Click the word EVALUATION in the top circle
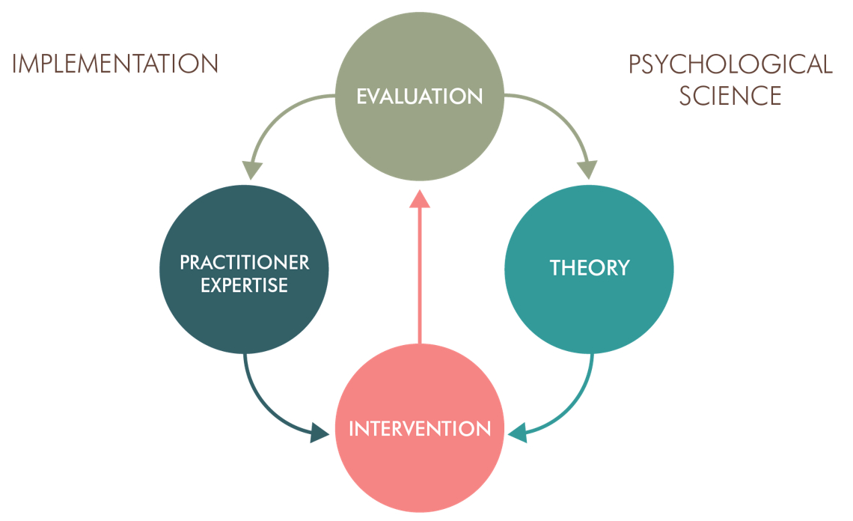tap(419, 97)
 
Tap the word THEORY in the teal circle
tap(589, 267)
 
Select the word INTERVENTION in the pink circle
tap(419, 429)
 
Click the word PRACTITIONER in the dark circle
tap(244, 263)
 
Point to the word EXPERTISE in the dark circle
tap(244, 285)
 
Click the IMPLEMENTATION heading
tap(115, 64)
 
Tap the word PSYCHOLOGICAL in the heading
tap(730, 64)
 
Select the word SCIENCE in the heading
tap(730, 96)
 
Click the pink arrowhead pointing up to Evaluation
tap(420, 198)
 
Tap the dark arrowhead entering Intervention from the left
tap(320, 432)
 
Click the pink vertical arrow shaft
tap(420, 277)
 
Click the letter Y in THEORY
tap(623, 267)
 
